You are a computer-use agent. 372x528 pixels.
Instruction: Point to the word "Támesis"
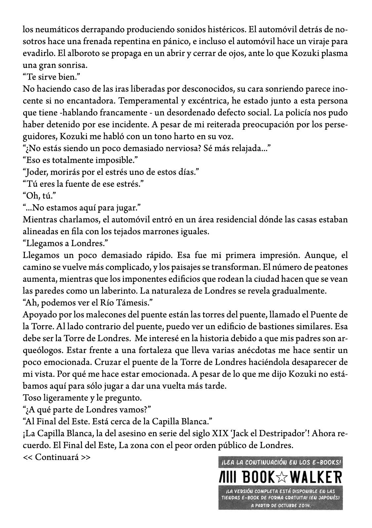[138, 303]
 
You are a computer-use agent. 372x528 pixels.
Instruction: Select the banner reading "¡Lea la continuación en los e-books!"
[280, 462]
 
